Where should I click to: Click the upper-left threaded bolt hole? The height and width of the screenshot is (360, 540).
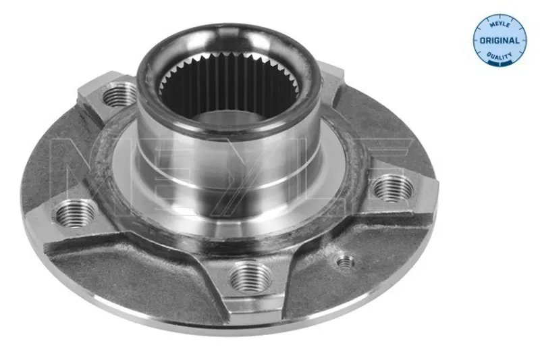tap(119, 95)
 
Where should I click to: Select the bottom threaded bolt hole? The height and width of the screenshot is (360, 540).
tap(250, 276)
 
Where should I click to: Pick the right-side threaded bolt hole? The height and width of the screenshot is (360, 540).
tap(393, 188)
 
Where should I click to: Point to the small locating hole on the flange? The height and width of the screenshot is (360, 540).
tap(345, 263)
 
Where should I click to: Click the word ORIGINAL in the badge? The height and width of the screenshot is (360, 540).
tap(500, 41)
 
